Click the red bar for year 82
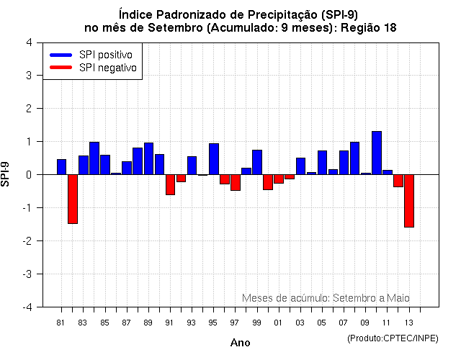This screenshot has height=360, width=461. tap(73, 199)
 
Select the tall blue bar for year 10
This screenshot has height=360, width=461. tap(377, 153)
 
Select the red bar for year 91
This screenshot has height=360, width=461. tap(170, 184)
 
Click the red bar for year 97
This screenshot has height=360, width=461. tap(236, 182)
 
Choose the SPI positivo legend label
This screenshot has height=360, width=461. tap(105, 55)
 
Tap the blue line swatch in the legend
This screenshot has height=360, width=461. tap(61, 55)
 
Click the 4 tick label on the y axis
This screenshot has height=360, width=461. tap(29, 42)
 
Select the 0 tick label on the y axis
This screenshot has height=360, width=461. tap(29, 175)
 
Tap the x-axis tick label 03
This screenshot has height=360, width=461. tap(300, 323)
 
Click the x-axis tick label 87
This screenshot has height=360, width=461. tap(127, 323)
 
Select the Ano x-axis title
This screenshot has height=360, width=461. tap(240, 343)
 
